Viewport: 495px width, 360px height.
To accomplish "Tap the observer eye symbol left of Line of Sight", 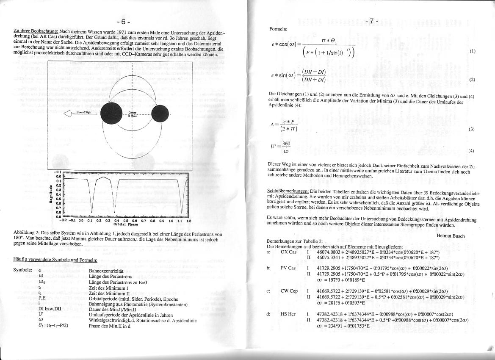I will coord(68,113).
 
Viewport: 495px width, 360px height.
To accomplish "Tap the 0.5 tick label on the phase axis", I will coord(126,221).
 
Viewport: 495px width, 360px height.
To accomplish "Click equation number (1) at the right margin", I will coord(473,51).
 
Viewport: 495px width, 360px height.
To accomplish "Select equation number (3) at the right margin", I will coord(471,130).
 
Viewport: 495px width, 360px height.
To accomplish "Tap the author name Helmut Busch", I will coord(450,236).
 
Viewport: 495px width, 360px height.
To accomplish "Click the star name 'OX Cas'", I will coord(288,252).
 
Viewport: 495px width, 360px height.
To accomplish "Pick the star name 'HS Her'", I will coord(288,314).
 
